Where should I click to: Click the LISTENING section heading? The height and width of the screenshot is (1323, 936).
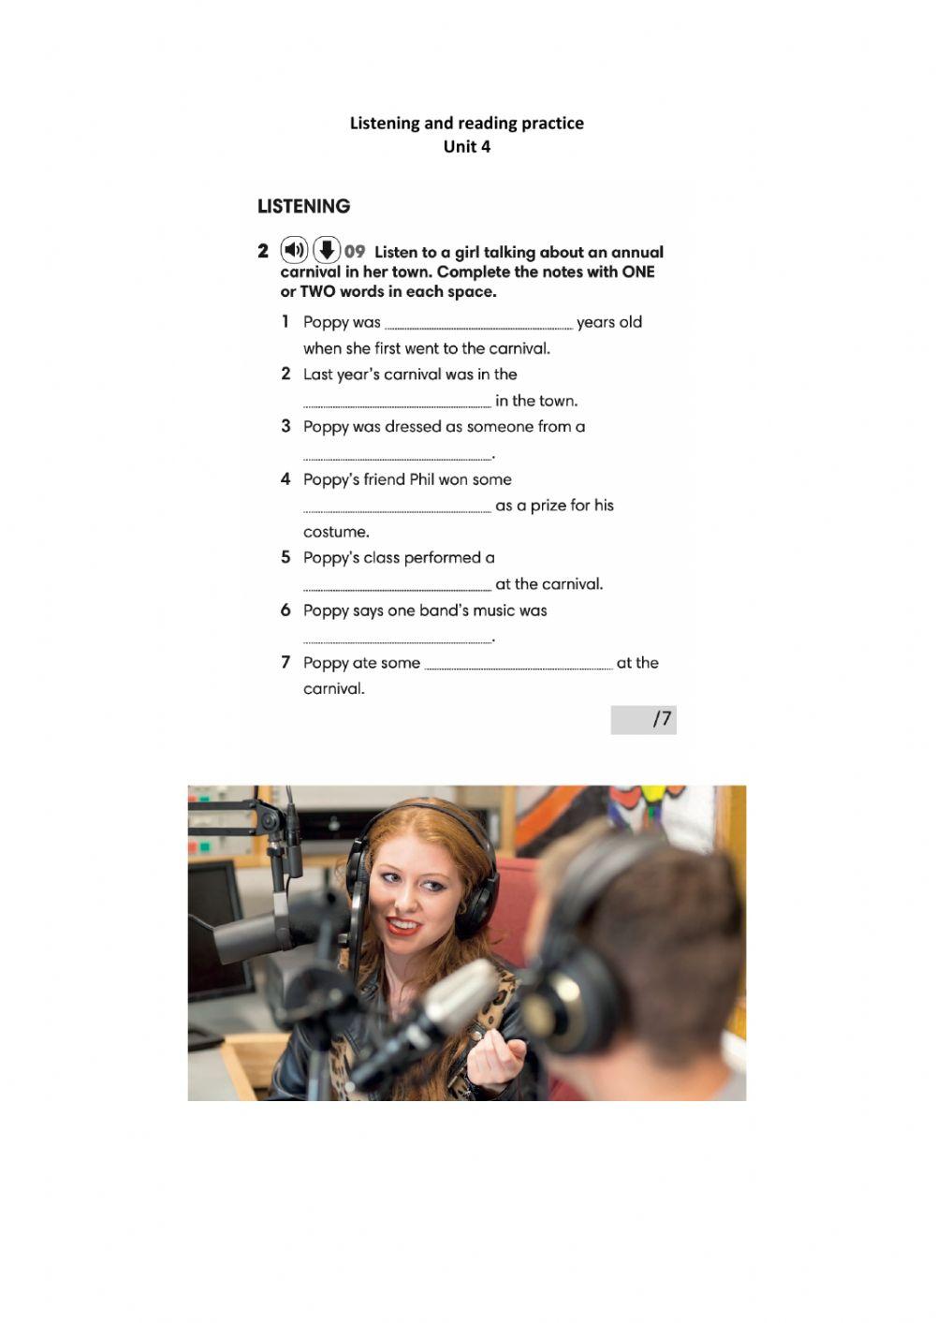[x=303, y=206]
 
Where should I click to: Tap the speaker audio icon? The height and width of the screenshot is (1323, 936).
[x=294, y=250]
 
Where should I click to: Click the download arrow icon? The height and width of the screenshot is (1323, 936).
[x=326, y=250]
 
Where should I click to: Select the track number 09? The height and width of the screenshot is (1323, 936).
[x=355, y=251]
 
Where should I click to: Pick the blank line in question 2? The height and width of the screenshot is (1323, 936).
[x=397, y=404]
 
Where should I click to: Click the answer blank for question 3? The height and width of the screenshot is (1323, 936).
[x=397, y=456]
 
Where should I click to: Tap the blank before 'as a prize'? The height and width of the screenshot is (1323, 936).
[x=397, y=508]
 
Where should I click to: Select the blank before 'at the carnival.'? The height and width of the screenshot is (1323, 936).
[x=397, y=587]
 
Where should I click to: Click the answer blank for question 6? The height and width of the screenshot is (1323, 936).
[x=397, y=639]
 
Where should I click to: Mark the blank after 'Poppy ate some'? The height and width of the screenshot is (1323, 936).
[x=519, y=666]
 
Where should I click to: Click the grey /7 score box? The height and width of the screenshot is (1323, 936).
[x=643, y=719]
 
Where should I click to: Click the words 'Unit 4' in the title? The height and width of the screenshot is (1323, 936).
[x=466, y=146]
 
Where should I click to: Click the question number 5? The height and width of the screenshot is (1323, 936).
[x=285, y=557]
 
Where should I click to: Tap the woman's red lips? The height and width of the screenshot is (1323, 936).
[x=403, y=926]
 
